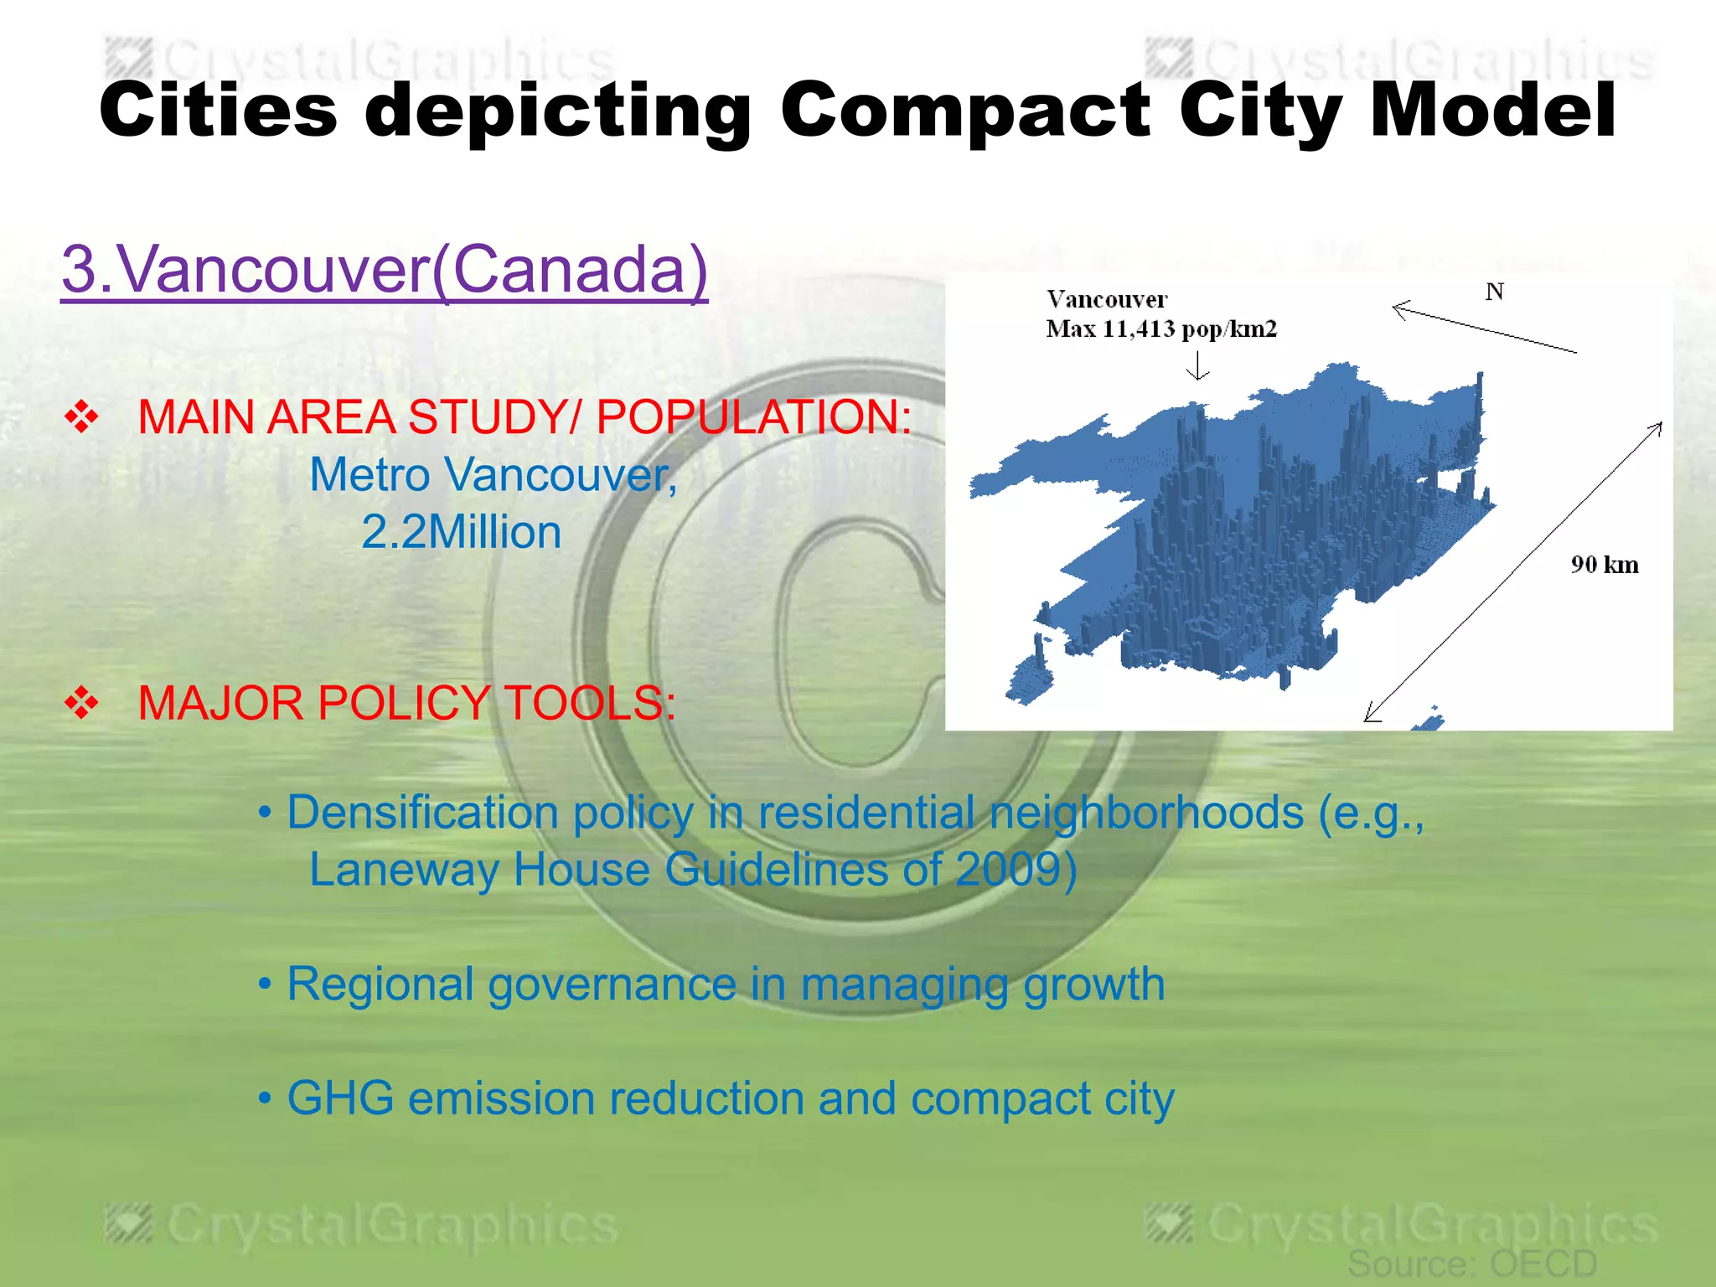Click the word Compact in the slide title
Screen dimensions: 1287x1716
click(x=964, y=111)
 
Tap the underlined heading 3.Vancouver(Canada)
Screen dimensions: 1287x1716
click(x=385, y=269)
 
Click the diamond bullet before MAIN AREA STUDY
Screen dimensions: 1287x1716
click(x=81, y=416)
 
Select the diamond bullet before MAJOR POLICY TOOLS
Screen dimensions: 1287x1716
click(x=81, y=702)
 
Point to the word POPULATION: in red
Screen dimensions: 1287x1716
click(x=753, y=416)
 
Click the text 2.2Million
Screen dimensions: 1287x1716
click(x=461, y=532)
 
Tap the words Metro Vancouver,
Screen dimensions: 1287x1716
click(x=493, y=475)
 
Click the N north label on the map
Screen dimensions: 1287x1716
click(x=1494, y=292)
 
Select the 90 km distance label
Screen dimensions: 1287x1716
click(x=1604, y=565)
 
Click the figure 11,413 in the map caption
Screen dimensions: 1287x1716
click(x=1139, y=328)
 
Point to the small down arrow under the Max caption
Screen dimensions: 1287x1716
click(x=1198, y=365)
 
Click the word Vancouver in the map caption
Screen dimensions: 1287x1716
click(x=1106, y=299)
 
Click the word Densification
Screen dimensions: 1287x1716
click(x=423, y=812)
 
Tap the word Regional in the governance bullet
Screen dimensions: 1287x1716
click(x=380, y=984)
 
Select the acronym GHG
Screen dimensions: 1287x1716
click(x=340, y=1098)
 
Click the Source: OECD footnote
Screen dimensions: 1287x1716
click(x=1472, y=1264)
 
